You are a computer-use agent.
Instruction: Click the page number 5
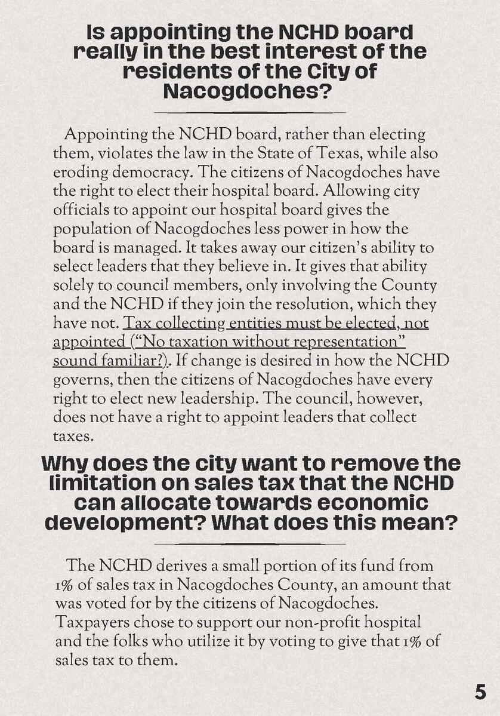(x=480, y=692)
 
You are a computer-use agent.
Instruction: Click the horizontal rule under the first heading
(x=249, y=112)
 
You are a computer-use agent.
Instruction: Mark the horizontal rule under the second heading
(x=249, y=544)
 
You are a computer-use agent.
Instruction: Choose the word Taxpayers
(x=91, y=622)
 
